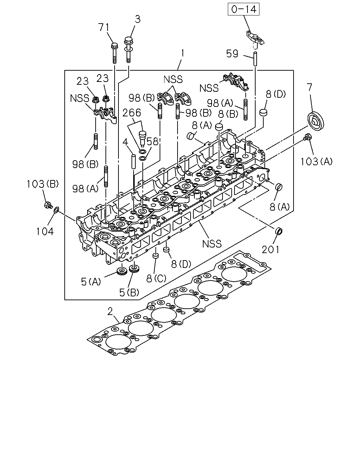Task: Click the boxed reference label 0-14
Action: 244,9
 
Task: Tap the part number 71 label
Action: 104,27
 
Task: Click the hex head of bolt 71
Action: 115,46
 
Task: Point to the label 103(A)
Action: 316,161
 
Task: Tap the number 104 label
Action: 45,231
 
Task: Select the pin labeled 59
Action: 255,59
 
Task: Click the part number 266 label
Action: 131,113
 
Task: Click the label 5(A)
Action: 91,282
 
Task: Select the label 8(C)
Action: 156,278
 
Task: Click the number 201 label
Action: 270,250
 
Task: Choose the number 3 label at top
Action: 137,19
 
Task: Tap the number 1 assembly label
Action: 182,53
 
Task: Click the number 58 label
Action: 153,142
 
